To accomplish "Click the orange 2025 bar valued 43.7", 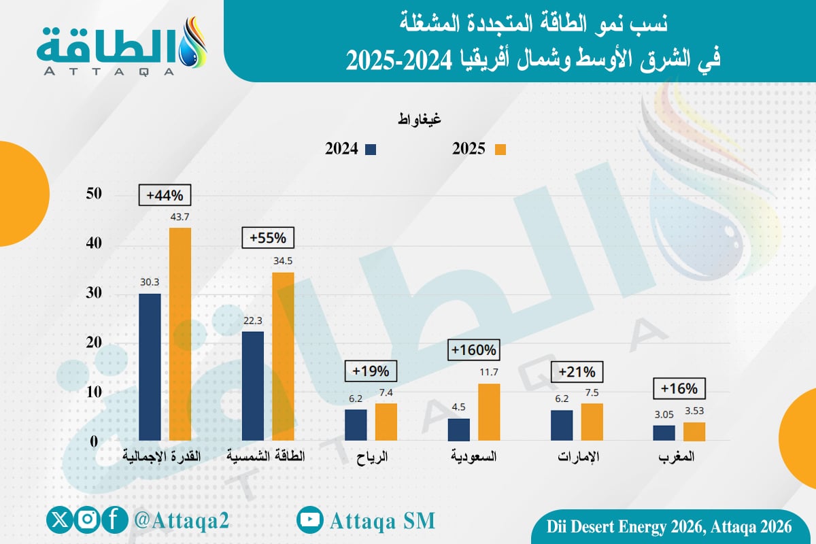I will pyautogui.click(x=180, y=334).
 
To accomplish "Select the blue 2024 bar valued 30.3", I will pyautogui.click(x=150, y=367).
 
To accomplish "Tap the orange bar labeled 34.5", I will pyautogui.click(x=283, y=356).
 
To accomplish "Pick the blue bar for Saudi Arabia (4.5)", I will pyautogui.click(x=459, y=429).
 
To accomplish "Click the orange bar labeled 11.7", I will pyautogui.click(x=489, y=412).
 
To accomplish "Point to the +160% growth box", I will pyautogui.click(x=474, y=351).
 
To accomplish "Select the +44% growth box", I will pyautogui.click(x=164, y=195).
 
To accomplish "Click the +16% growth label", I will pyautogui.click(x=679, y=389).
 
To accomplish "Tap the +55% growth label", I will pyautogui.click(x=268, y=239).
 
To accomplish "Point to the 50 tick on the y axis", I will pyautogui.click(x=94, y=194).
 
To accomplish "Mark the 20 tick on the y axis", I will pyautogui.click(x=94, y=343).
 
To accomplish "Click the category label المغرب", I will pyautogui.click(x=678, y=457).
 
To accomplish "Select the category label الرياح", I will pyautogui.click(x=371, y=457).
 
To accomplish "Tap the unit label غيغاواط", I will pyautogui.click(x=419, y=119).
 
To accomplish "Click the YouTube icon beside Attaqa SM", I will pyautogui.click(x=310, y=520).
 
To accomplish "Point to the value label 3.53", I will pyautogui.click(x=694, y=411).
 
